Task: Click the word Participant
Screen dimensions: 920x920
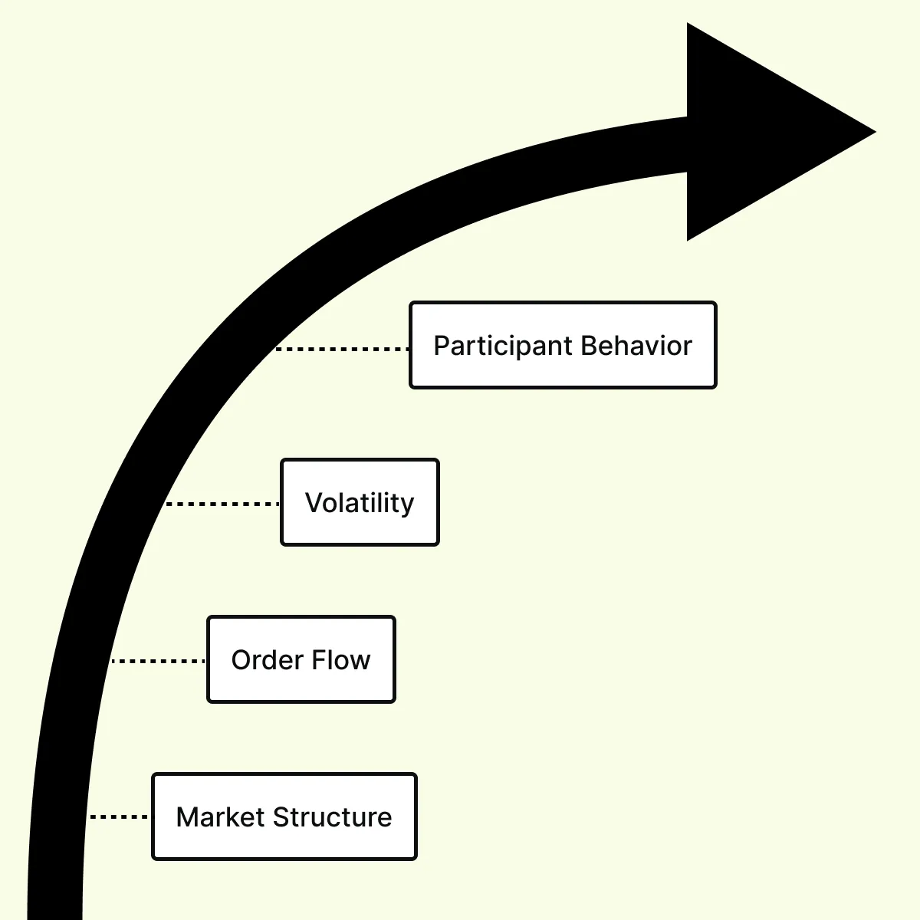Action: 503,347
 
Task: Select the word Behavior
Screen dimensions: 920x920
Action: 636,345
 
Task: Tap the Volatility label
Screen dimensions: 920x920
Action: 360,504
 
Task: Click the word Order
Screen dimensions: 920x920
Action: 268,660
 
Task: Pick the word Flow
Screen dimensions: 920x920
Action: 342,660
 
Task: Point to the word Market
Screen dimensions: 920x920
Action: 221,816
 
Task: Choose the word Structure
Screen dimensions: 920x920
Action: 332,816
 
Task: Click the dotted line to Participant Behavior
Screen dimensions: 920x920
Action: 342,349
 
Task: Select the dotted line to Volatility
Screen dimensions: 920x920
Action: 222,504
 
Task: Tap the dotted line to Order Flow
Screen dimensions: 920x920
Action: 159,661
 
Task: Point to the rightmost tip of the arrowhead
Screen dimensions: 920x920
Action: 876,132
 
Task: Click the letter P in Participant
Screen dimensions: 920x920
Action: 442,345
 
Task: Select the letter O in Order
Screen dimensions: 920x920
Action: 242,660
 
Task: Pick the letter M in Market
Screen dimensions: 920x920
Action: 188,816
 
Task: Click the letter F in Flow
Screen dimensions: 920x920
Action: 320,660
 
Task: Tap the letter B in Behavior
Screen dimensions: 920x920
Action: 590,345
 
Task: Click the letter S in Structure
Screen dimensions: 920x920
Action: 281,816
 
